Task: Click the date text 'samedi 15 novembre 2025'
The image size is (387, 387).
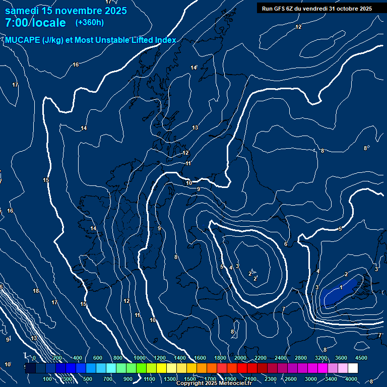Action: point(66,11)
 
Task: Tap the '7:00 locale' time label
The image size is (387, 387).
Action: point(35,23)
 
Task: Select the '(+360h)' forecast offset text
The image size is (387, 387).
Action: point(90,22)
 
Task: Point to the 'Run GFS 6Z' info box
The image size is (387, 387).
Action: point(316,8)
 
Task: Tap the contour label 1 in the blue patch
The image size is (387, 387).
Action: point(341,287)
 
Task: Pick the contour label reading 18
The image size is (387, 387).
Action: point(36,291)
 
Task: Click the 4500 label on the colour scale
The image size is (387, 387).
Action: point(361,358)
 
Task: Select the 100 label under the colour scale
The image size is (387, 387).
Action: point(48,378)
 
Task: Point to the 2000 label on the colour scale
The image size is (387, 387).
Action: point(240,358)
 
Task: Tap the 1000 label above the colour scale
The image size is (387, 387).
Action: point(140,358)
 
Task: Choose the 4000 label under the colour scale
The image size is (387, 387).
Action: point(351,378)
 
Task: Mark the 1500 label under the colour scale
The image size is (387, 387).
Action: point(190,378)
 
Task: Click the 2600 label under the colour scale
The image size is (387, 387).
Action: point(291,378)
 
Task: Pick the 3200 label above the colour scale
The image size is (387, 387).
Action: point(321,358)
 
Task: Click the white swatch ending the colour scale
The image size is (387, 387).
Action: point(353,368)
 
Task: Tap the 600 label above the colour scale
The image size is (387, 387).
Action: point(98,358)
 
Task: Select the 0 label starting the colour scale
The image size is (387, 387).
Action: point(34,358)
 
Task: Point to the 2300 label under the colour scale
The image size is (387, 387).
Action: point(271,378)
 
